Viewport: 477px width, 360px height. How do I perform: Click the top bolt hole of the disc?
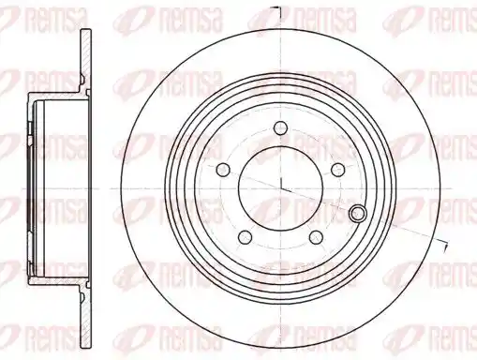[281, 127]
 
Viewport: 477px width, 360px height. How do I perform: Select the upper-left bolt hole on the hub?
[223, 170]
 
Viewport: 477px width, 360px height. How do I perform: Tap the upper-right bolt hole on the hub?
[337, 170]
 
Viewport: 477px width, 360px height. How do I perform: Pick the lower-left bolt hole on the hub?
[245, 237]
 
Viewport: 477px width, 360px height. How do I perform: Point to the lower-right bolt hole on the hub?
[316, 237]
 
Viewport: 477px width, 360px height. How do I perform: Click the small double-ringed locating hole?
[358, 213]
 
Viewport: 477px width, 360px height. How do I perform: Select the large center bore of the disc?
[281, 188]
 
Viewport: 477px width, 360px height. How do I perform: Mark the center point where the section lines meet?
[281, 188]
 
